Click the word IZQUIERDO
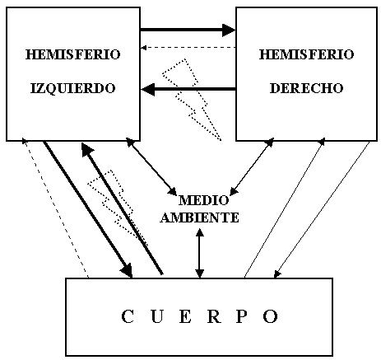[72, 89]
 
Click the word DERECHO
[307, 88]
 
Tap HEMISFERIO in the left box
[73, 54]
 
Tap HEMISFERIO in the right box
[307, 54]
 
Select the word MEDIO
[203, 200]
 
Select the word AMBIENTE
[200, 217]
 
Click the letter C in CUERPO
[128, 316]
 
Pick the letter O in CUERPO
[271, 316]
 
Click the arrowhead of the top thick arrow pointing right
[229, 30]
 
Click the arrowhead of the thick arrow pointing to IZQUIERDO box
[148, 90]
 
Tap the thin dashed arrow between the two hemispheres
[188, 48]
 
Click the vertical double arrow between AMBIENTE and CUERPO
[200, 253]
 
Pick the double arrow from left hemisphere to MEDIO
[151, 166]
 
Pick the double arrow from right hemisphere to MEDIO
[252, 166]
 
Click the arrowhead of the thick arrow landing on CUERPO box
[127, 269]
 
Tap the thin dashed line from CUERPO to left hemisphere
[56, 208]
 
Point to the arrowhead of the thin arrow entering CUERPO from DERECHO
[277, 274]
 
